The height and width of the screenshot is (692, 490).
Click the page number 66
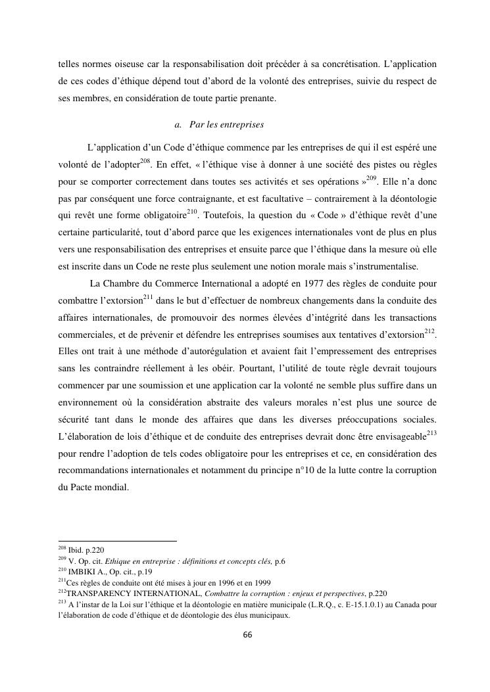tap(247, 635)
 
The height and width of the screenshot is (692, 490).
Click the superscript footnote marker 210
tap(192, 211)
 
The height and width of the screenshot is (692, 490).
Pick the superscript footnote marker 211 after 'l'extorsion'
tap(148, 296)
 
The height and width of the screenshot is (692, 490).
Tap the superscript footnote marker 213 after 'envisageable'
tap(431, 433)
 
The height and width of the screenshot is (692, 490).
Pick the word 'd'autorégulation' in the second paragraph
tap(195, 352)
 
